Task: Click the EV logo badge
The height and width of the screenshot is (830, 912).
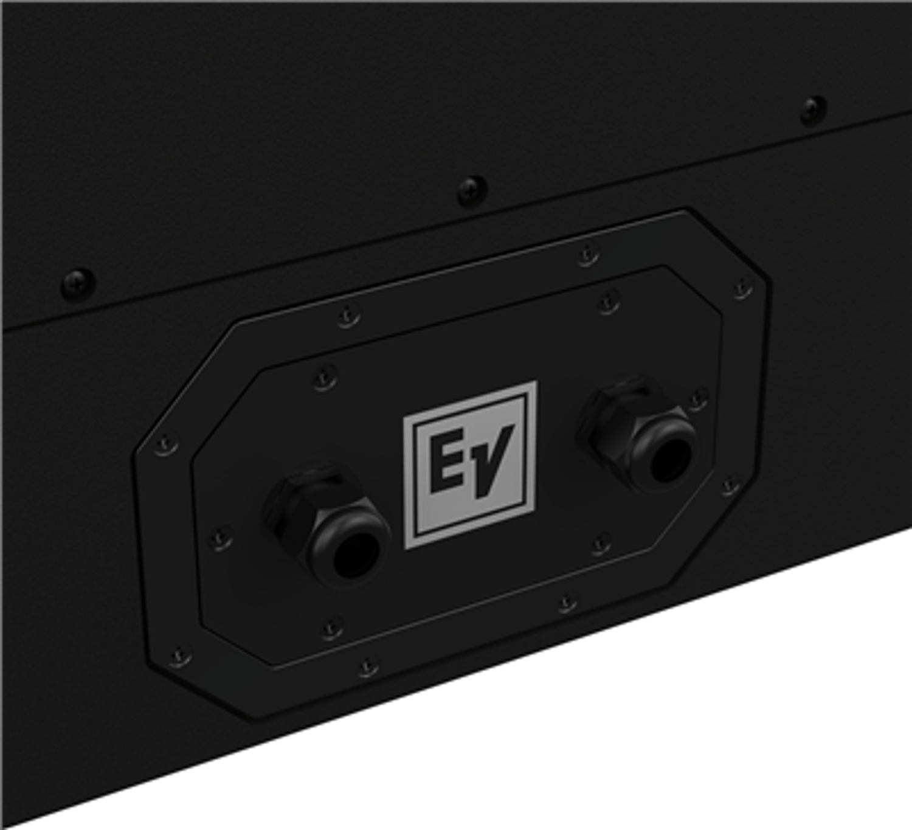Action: pyautogui.click(x=470, y=465)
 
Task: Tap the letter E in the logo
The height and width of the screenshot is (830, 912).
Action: pyautogui.click(x=449, y=462)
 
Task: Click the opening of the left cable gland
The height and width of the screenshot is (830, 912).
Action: pyautogui.click(x=356, y=555)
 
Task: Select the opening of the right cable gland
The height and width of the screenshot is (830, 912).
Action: pyautogui.click(x=669, y=459)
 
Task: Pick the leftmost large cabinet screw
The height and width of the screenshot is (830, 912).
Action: pyautogui.click(x=78, y=284)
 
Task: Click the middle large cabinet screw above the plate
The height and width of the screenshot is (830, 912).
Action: pyautogui.click(x=472, y=190)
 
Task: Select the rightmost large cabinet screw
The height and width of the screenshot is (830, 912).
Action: pyautogui.click(x=814, y=111)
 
